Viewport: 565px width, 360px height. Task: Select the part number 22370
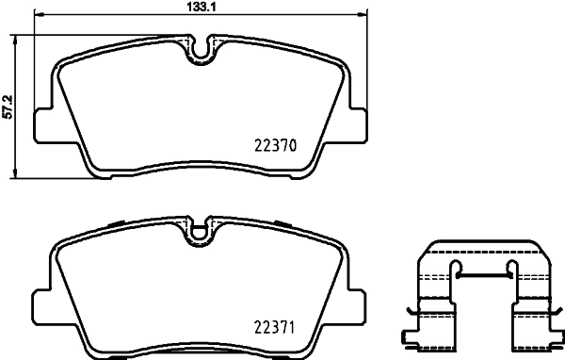(x=276, y=146)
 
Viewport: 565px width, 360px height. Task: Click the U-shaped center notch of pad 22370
(x=200, y=48)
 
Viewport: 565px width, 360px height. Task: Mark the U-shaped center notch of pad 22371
(x=200, y=229)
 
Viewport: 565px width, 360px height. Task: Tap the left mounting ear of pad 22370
(x=43, y=123)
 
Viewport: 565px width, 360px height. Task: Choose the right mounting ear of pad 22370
(x=356, y=123)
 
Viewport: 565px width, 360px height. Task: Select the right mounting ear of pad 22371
(x=356, y=303)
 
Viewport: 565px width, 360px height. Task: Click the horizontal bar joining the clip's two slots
(x=482, y=274)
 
